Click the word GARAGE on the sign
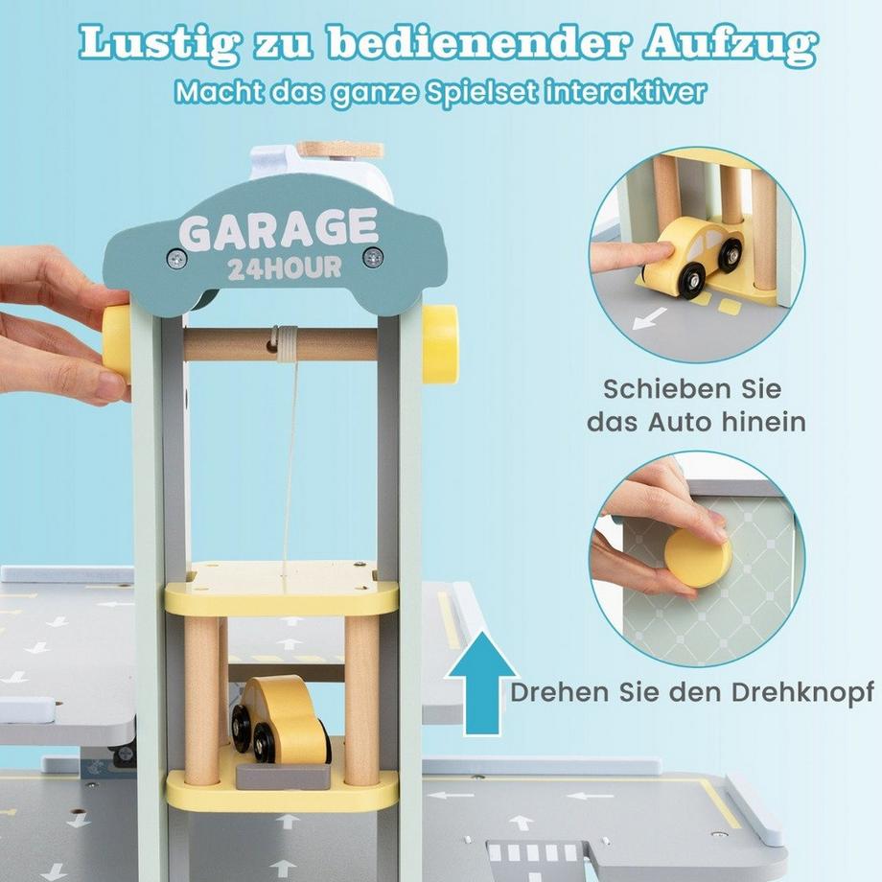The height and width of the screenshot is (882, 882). pos(278,230)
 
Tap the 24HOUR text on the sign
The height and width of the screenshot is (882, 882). pos(284,267)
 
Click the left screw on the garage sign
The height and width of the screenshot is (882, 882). pos(175,257)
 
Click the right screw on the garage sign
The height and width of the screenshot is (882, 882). pos(373,256)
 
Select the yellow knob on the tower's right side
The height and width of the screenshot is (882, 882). pos(440,343)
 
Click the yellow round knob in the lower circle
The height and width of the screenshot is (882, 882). pos(698,557)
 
